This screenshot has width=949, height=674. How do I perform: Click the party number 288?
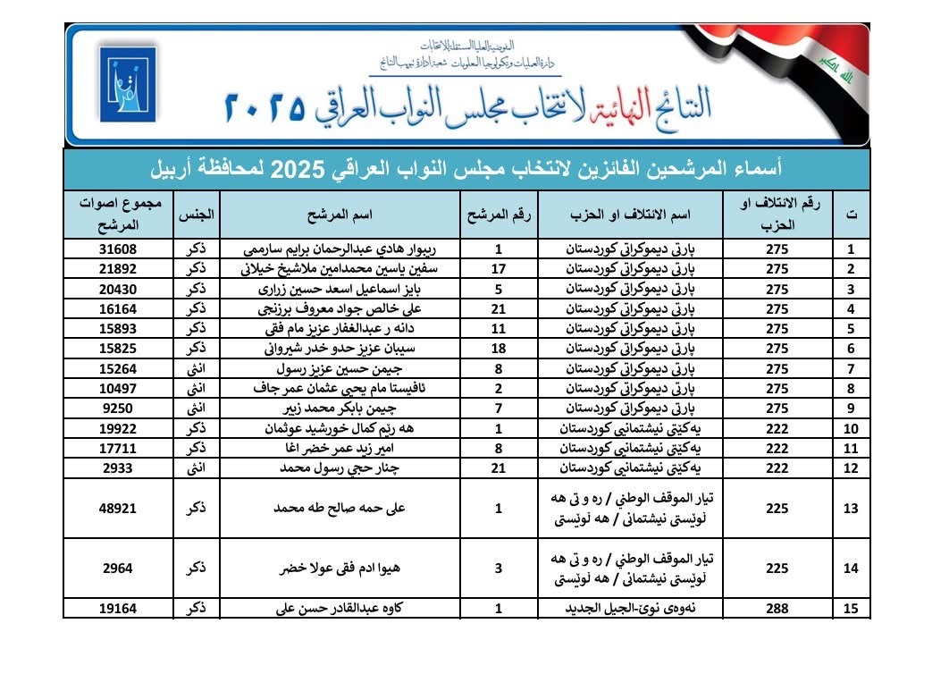click(x=777, y=609)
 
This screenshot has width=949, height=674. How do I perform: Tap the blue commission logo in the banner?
click(x=128, y=84)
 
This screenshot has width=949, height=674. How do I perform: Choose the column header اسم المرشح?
click(x=343, y=215)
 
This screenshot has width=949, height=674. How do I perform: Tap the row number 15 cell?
click(x=852, y=609)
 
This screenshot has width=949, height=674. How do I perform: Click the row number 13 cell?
click(x=852, y=508)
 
